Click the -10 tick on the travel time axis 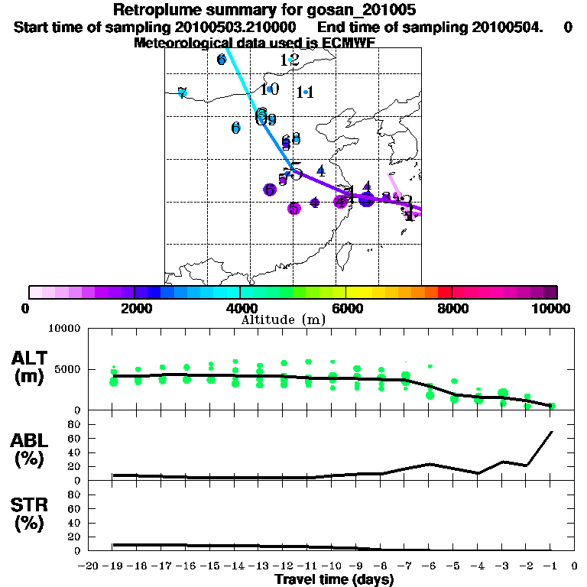pyautogui.click(x=332, y=566)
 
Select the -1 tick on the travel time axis pyautogui.click(x=550, y=566)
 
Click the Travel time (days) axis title pyautogui.click(x=334, y=579)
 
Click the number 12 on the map pyautogui.click(x=290, y=60)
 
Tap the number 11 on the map pyautogui.click(x=306, y=92)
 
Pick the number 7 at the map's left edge pyautogui.click(x=182, y=93)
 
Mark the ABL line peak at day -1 pyautogui.click(x=551, y=432)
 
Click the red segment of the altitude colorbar pyautogui.click(x=444, y=292)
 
